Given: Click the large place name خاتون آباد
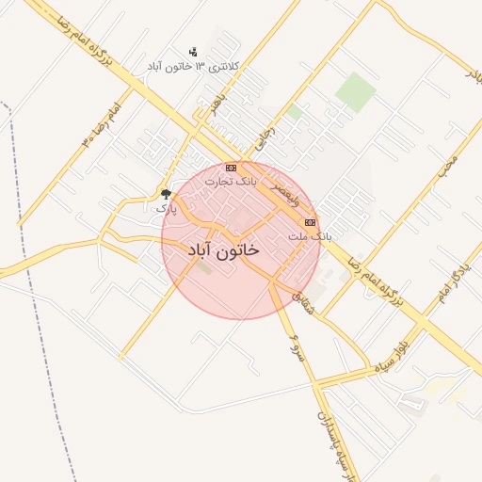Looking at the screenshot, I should [x=223, y=252].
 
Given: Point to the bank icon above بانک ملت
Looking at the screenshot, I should [x=310, y=222].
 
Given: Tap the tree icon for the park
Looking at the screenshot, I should [x=167, y=194].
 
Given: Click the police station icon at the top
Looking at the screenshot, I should [x=193, y=52].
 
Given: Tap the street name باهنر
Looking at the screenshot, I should [x=219, y=106].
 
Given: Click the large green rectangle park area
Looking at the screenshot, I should [x=356, y=91].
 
